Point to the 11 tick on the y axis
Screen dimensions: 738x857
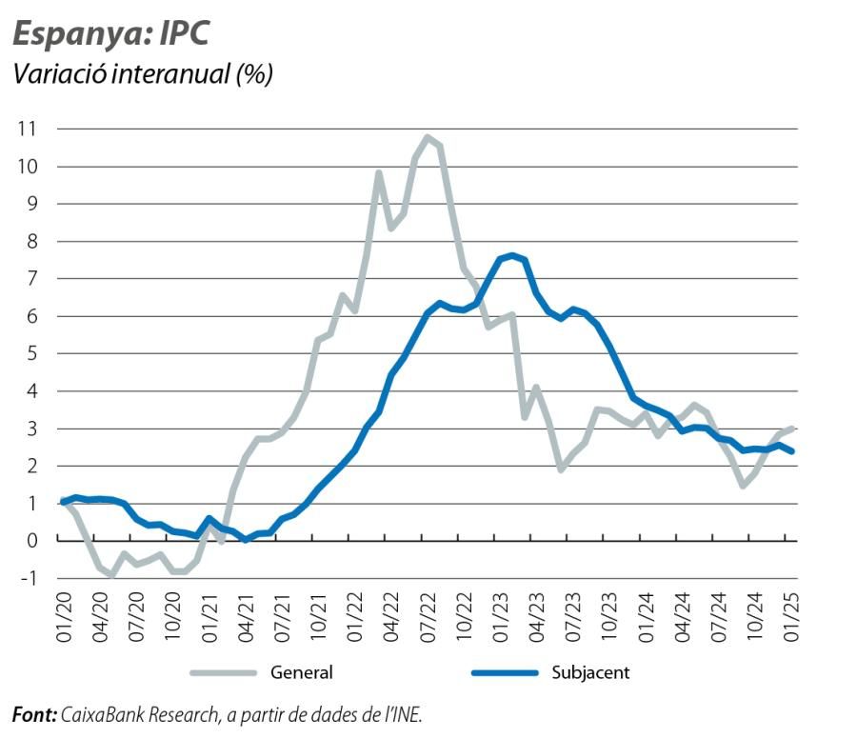(x=36, y=129)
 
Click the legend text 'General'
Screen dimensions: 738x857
(x=302, y=672)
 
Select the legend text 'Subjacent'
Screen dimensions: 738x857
(x=589, y=672)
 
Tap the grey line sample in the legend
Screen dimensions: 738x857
(x=225, y=672)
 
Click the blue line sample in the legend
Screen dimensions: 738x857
(x=505, y=672)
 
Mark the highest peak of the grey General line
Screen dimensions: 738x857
(x=428, y=137)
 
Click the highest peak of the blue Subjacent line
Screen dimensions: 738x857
(x=512, y=255)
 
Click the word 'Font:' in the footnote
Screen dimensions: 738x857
(x=34, y=714)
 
